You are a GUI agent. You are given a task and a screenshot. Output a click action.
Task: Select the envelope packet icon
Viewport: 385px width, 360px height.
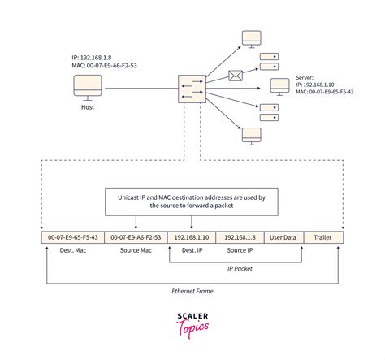pos(236,77)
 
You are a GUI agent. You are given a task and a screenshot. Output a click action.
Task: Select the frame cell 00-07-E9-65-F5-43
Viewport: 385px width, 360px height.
pos(72,237)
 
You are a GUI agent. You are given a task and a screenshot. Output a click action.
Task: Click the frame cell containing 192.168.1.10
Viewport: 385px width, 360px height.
pos(192,237)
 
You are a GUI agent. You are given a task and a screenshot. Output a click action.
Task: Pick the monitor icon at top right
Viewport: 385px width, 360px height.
pos(251,39)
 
